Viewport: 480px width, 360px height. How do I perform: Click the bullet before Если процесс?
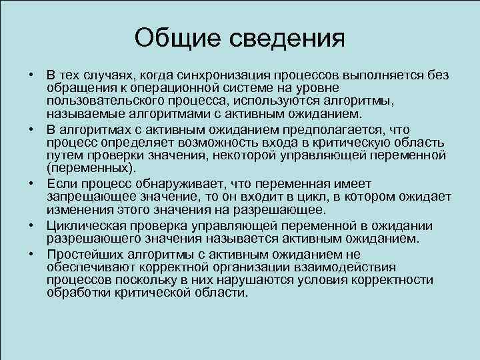(31, 183)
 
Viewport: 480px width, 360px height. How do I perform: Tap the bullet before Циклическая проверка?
(31, 226)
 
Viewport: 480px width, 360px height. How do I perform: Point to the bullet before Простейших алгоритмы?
(31, 254)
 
